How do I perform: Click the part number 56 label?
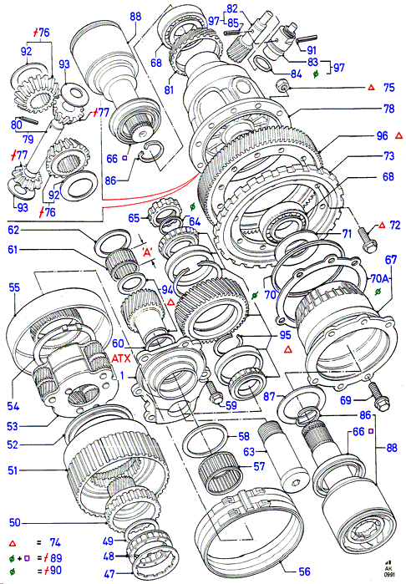click(x=304, y=571)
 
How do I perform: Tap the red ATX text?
click(x=121, y=358)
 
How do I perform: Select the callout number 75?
click(x=388, y=88)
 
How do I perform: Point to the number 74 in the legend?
click(x=55, y=543)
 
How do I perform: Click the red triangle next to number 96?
click(x=398, y=136)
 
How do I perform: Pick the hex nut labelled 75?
click(x=284, y=87)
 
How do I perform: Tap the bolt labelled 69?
click(x=379, y=397)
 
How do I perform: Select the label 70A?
click(x=379, y=278)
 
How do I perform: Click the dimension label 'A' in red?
click(x=147, y=253)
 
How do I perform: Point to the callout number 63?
click(x=249, y=452)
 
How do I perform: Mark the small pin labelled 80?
click(x=28, y=120)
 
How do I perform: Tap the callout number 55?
click(x=14, y=287)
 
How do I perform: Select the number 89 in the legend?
click(x=56, y=558)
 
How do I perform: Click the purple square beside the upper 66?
click(x=124, y=158)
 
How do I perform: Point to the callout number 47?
click(x=109, y=574)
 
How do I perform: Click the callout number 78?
click(x=388, y=109)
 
